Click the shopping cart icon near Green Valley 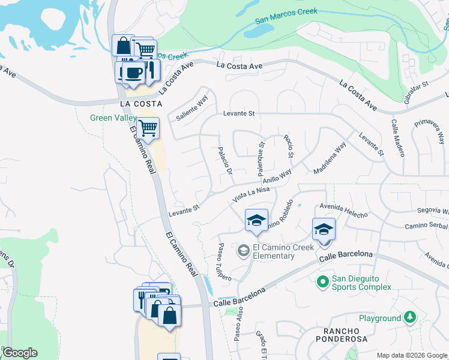point(148,127)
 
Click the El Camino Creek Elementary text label point(274,251)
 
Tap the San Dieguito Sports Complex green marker point(322,280)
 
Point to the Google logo point(19,353)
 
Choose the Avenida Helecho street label point(343,211)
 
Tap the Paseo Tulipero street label point(224,262)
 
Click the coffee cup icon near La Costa point(131,72)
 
